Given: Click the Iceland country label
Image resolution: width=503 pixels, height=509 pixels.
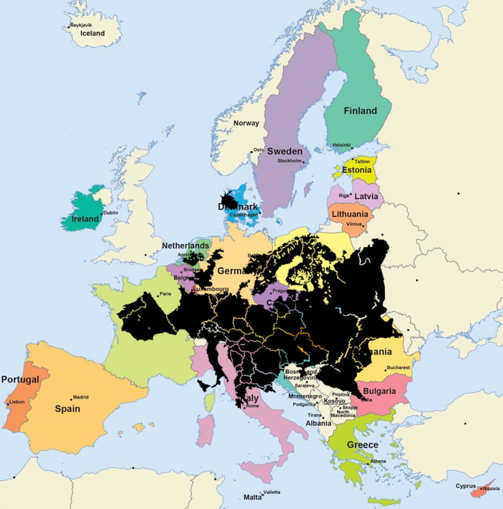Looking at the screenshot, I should click(x=92, y=34).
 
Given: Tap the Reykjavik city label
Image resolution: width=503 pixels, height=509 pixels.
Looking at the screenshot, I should click(x=81, y=25).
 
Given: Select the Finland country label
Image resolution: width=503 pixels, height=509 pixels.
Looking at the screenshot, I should click(x=360, y=111).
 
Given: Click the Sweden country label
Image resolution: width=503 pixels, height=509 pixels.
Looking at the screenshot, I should click(x=285, y=151).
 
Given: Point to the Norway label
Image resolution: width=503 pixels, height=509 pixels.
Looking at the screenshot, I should click(x=246, y=123).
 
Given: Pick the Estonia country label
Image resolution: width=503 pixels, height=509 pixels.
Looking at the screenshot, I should click(x=357, y=170).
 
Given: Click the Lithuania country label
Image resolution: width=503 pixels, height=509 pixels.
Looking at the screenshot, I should click(x=349, y=214).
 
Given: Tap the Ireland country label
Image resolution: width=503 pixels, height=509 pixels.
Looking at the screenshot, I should click(x=85, y=219).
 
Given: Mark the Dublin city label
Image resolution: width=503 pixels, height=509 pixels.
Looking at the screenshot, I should click(x=111, y=213).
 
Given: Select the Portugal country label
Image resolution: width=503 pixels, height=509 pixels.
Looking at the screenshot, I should click(x=20, y=379).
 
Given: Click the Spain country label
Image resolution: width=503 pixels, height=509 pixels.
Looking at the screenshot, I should click(x=68, y=408).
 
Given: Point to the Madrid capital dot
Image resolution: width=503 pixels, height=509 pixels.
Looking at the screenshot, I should click(x=72, y=399).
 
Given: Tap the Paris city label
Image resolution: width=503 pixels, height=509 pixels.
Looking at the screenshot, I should click(x=165, y=294).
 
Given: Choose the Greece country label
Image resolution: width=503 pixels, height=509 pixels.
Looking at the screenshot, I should click(x=362, y=445).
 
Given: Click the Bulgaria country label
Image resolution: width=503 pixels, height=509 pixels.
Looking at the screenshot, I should click(x=379, y=391).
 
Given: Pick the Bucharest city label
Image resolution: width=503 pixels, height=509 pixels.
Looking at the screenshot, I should click(x=397, y=368).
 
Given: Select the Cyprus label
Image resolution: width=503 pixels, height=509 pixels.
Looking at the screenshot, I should click(x=466, y=486).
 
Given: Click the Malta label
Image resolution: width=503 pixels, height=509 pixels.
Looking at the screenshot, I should click(x=252, y=497).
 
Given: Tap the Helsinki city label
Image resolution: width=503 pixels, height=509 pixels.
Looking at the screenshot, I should click(x=341, y=145).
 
